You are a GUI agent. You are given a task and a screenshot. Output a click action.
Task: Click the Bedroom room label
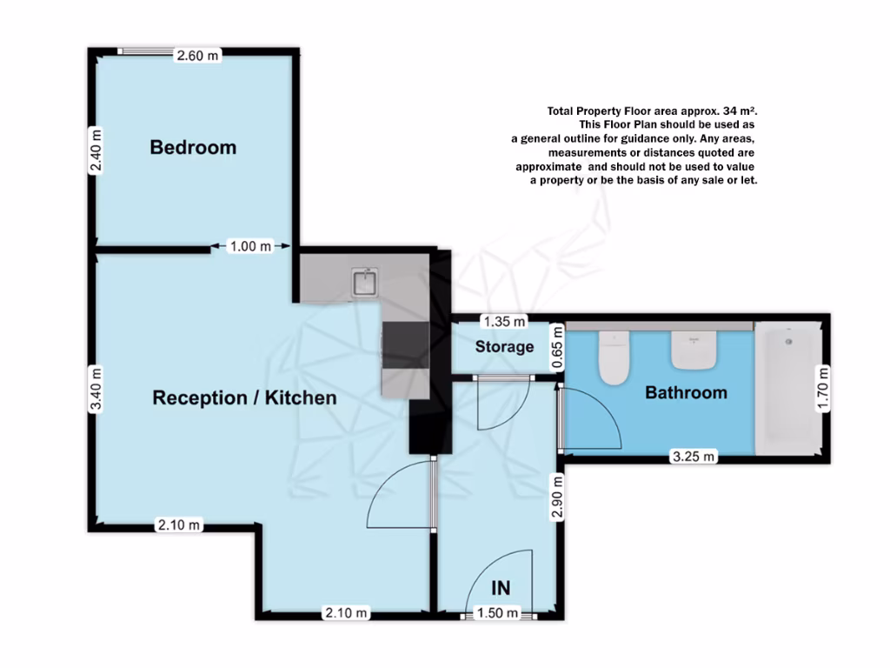tap(193, 147)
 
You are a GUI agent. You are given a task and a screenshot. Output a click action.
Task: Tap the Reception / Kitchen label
tap(244, 398)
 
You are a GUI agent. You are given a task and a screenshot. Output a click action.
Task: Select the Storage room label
tap(504, 347)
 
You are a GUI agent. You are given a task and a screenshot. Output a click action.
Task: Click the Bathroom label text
tap(686, 393)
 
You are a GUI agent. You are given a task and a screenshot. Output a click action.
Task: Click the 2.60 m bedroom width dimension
tap(198, 56)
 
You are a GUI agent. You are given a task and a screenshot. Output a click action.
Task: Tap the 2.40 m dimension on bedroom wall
tap(96, 151)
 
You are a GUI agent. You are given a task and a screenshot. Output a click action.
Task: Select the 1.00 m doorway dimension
tap(249, 247)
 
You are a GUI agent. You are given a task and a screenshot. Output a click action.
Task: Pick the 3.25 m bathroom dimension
tap(693, 456)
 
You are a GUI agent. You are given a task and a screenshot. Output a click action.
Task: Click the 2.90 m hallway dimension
tap(559, 496)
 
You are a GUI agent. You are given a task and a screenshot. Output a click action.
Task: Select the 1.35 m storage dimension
tap(505, 322)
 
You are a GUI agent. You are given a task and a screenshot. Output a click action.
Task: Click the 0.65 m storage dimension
tap(559, 348)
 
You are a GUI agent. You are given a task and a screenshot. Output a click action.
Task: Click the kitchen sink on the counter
tap(364, 282)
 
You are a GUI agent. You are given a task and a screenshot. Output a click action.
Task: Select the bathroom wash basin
tap(693, 351)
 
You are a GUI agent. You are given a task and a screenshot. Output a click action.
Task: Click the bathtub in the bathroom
tap(787, 387)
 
